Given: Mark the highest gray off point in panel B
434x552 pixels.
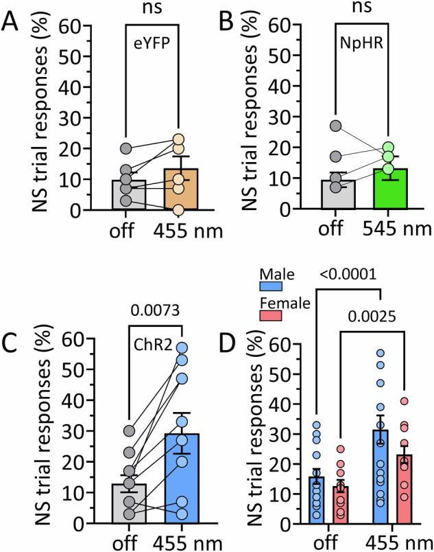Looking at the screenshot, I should point(334,126).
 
